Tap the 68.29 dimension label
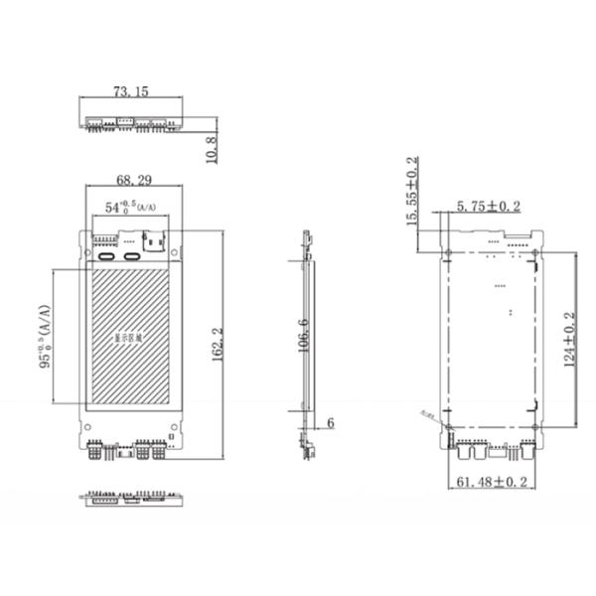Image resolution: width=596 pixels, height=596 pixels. (x=133, y=180)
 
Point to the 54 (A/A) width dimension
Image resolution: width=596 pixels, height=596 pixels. (x=131, y=207)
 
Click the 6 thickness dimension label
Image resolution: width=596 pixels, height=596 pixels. (x=330, y=422)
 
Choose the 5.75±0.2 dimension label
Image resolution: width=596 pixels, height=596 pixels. (x=488, y=207)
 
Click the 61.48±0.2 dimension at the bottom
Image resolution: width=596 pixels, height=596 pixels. (x=491, y=482)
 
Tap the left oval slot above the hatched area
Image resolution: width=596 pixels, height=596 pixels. (x=105, y=256)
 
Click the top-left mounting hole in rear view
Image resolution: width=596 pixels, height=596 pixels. (x=447, y=250)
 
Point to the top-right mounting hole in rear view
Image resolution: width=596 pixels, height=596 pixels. (x=535, y=250)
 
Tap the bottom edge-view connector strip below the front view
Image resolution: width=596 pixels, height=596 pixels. (x=131, y=497)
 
